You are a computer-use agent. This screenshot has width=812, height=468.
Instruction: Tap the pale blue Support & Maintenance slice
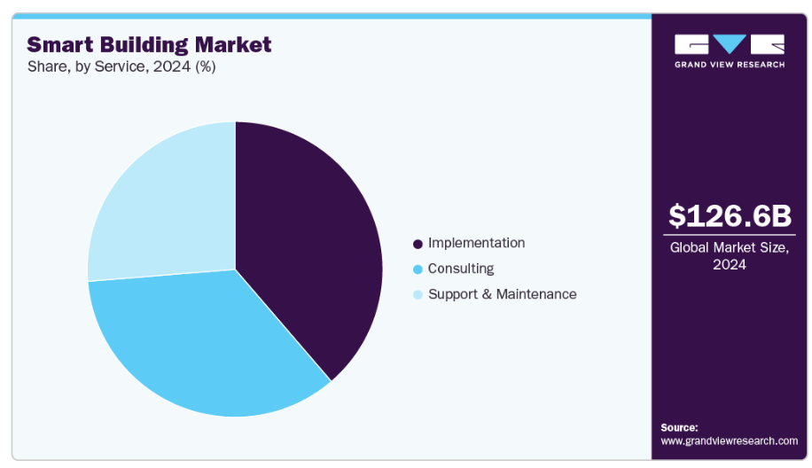point(164,213)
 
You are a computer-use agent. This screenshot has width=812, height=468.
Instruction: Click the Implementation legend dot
point(418,244)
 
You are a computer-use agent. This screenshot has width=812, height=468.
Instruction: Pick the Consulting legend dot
point(418,269)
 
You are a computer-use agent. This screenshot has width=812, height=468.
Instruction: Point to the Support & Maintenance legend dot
point(418,294)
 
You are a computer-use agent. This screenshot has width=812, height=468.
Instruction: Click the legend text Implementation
point(476,243)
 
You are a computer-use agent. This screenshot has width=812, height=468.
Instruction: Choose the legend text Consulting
point(461,269)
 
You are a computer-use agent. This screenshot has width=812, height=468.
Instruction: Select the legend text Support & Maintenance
point(502,294)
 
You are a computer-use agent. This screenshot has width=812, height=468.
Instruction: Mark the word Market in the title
point(238,44)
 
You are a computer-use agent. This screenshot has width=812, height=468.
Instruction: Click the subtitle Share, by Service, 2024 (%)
point(121,66)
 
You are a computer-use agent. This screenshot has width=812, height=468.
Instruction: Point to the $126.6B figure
point(730,215)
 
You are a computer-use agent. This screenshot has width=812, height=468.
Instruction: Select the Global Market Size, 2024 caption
point(730,256)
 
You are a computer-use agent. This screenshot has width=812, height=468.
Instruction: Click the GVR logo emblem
point(729,45)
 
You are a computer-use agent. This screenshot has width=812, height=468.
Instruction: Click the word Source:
point(679,427)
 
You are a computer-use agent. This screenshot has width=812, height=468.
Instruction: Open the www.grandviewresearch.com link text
point(729,441)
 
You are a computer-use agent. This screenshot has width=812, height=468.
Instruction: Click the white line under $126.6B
point(730,235)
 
